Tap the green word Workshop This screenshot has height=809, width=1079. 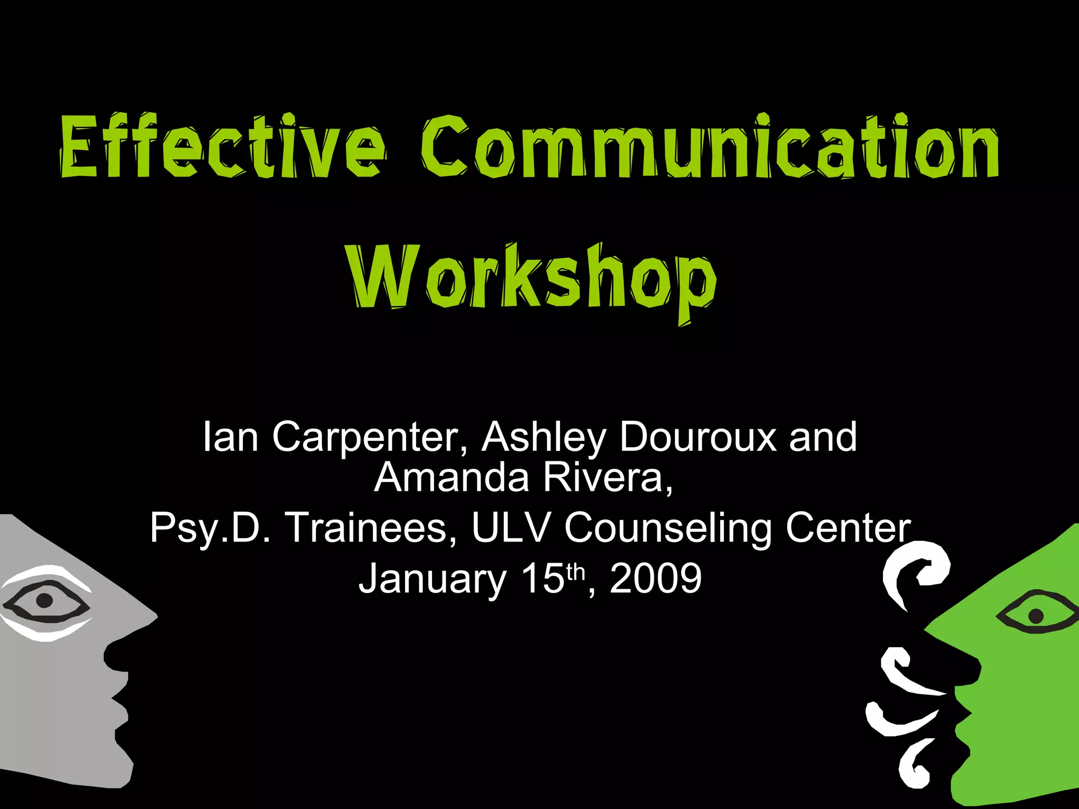tap(532, 278)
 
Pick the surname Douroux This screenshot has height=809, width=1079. tap(698, 437)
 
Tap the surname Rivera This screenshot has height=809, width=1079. tap(607, 477)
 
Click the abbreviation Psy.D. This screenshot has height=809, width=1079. tap(210, 528)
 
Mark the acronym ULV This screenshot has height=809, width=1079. tap(511, 528)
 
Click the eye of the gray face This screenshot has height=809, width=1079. tap(45, 600)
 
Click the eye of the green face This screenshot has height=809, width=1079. tap(1036, 615)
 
